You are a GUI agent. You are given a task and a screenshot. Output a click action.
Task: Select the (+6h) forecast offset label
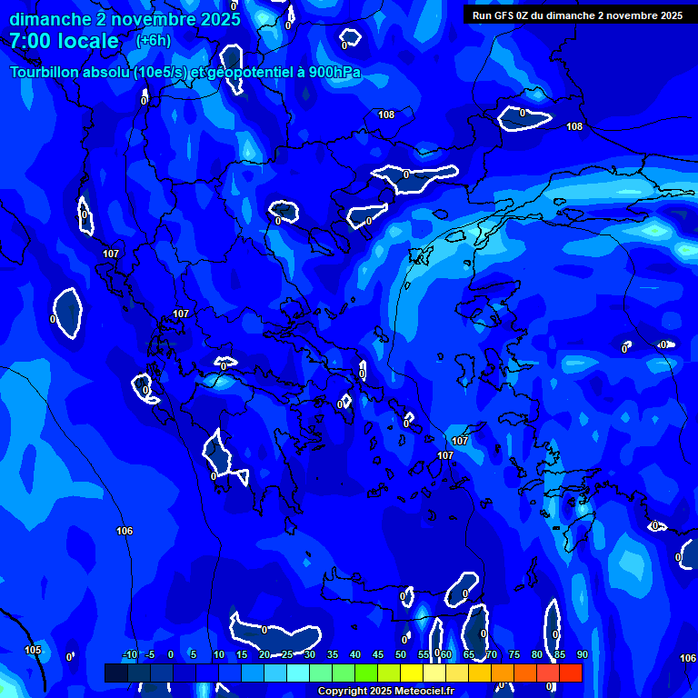153,40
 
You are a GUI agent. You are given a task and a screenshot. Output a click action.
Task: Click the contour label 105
33,650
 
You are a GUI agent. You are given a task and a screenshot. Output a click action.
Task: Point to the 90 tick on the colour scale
582,654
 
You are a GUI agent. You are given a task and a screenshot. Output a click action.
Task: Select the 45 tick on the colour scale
377,654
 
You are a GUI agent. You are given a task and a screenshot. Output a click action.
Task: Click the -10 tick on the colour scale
129,654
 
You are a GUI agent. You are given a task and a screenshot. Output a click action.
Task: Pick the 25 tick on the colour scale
286,654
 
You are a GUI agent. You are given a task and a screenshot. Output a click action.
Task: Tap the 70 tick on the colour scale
491,654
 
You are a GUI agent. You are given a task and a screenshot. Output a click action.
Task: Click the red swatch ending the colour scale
571,673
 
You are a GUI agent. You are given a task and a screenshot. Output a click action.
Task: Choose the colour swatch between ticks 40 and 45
366,673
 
